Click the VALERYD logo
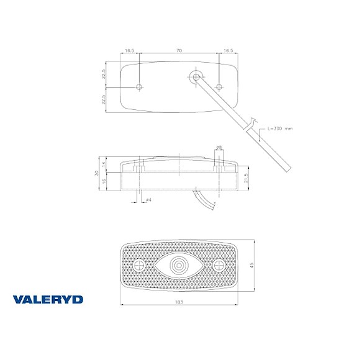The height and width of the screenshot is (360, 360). click(x=47, y=300)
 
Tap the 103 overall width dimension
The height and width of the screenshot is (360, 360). click(x=179, y=301)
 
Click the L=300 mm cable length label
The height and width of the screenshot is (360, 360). click(x=279, y=128)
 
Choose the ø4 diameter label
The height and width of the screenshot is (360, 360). click(x=149, y=199)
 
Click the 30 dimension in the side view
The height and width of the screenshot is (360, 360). click(x=97, y=174)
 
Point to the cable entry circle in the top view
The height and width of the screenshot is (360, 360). click(x=196, y=76)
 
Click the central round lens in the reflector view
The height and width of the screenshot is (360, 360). click(x=179, y=266)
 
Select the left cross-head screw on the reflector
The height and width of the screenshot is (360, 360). click(x=140, y=266)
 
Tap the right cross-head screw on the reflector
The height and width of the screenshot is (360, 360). click(x=218, y=266)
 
